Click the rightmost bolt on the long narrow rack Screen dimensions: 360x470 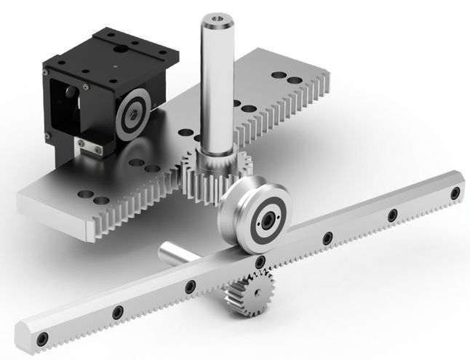click(455, 193)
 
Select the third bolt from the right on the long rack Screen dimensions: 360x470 click(327, 237)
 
